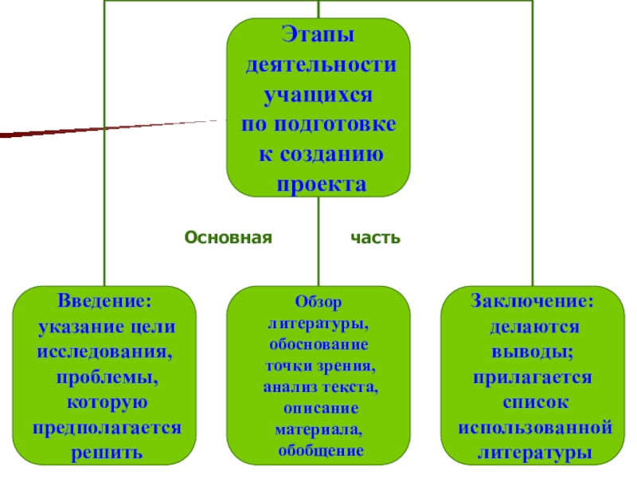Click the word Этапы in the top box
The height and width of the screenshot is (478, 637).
point(318,37)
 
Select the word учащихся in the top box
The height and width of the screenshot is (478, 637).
point(318,96)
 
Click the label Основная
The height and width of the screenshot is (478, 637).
point(229,238)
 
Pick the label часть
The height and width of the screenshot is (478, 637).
point(376,238)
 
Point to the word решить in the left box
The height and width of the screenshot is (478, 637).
point(106,452)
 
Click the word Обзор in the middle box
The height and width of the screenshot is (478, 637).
point(318,304)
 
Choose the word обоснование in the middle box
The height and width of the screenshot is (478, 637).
point(318,346)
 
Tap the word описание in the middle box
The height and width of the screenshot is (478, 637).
point(318,408)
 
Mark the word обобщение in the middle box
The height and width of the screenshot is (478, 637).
point(318,450)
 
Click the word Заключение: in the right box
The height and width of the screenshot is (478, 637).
point(532,303)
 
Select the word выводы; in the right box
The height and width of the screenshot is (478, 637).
point(532,352)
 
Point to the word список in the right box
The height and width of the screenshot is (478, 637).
point(533,402)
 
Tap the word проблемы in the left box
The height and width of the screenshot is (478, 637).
point(106,377)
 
